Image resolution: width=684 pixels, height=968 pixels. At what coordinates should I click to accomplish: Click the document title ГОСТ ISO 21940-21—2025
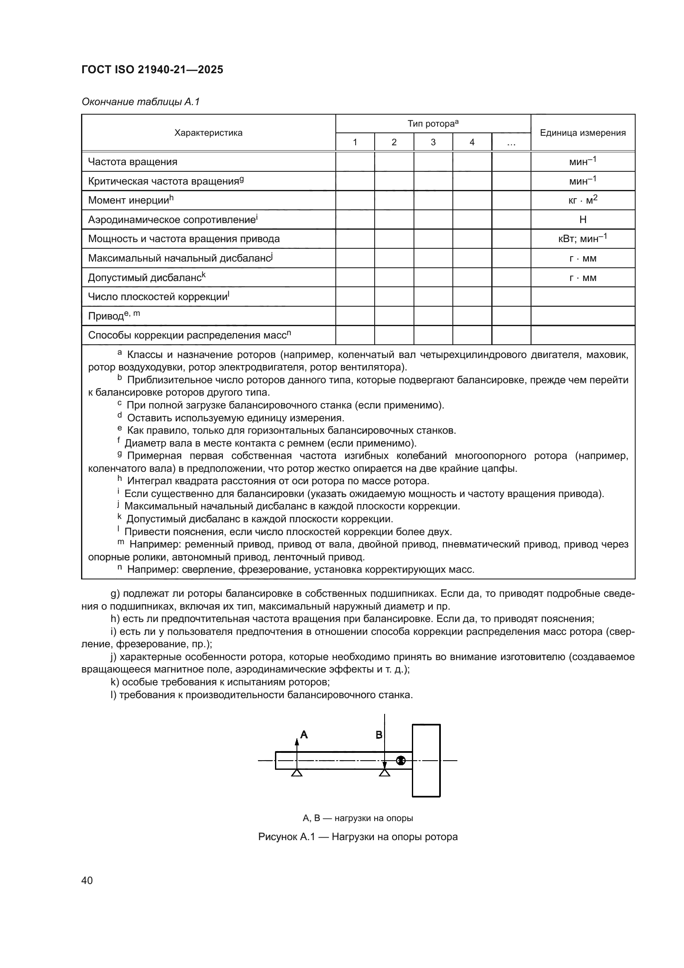click(152, 70)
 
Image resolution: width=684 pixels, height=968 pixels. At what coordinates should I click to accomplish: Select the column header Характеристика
click(208, 133)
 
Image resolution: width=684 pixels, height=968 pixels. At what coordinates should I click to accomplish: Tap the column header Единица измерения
click(583, 133)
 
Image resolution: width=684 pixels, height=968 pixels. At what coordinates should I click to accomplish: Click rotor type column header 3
click(433, 142)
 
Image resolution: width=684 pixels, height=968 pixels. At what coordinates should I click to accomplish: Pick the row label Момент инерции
click(131, 200)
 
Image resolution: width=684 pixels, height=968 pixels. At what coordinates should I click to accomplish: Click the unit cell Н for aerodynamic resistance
click(583, 220)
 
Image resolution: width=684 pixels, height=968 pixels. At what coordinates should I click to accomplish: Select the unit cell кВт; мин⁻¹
click(583, 239)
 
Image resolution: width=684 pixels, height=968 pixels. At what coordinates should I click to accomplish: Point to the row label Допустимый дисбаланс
click(146, 277)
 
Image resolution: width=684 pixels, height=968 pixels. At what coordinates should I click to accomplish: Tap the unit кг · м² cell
click(583, 200)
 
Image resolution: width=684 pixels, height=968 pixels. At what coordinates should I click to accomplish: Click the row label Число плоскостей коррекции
click(158, 297)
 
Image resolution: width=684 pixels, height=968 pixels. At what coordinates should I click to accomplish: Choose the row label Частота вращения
click(132, 162)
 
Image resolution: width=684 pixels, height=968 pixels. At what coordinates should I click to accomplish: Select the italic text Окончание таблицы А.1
click(140, 102)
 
